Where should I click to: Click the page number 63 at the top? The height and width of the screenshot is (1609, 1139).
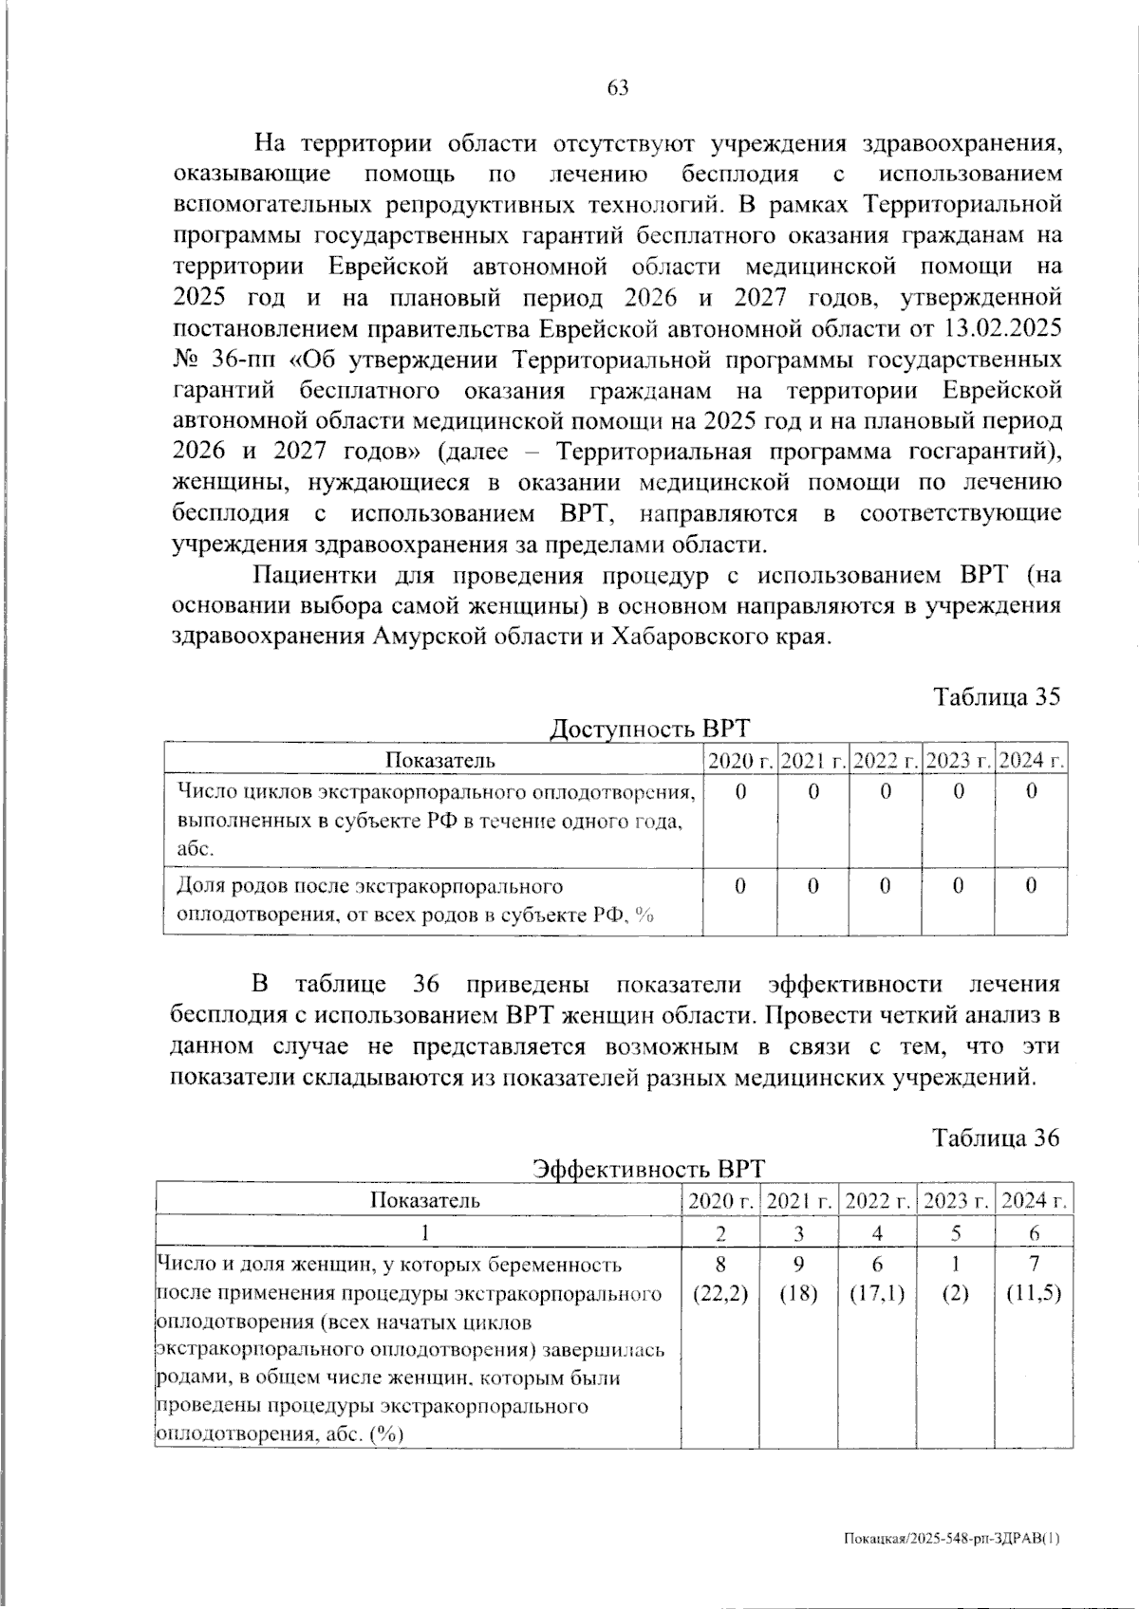pyautogui.click(x=617, y=88)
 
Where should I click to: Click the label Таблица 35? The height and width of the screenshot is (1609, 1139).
pyautogui.click(x=996, y=697)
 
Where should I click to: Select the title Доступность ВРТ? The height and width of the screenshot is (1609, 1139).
pyautogui.click(x=650, y=729)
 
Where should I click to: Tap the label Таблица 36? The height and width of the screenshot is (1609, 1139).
pyautogui.click(x=996, y=1137)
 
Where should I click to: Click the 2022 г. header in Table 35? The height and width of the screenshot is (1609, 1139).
pyautogui.click(x=885, y=760)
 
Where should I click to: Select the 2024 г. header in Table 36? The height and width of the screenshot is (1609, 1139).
pyautogui.click(x=1034, y=1200)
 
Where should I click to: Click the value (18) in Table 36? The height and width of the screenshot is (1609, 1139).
pyautogui.click(x=799, y=1295)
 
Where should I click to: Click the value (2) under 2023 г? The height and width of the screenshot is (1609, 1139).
pyautogui.click(x=956, y=1295)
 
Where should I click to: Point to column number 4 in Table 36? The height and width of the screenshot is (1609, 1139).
pyautogui.click(x=877, y=1233)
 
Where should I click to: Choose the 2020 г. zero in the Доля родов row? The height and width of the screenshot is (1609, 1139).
pyautogui.click(x=740, y=885)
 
